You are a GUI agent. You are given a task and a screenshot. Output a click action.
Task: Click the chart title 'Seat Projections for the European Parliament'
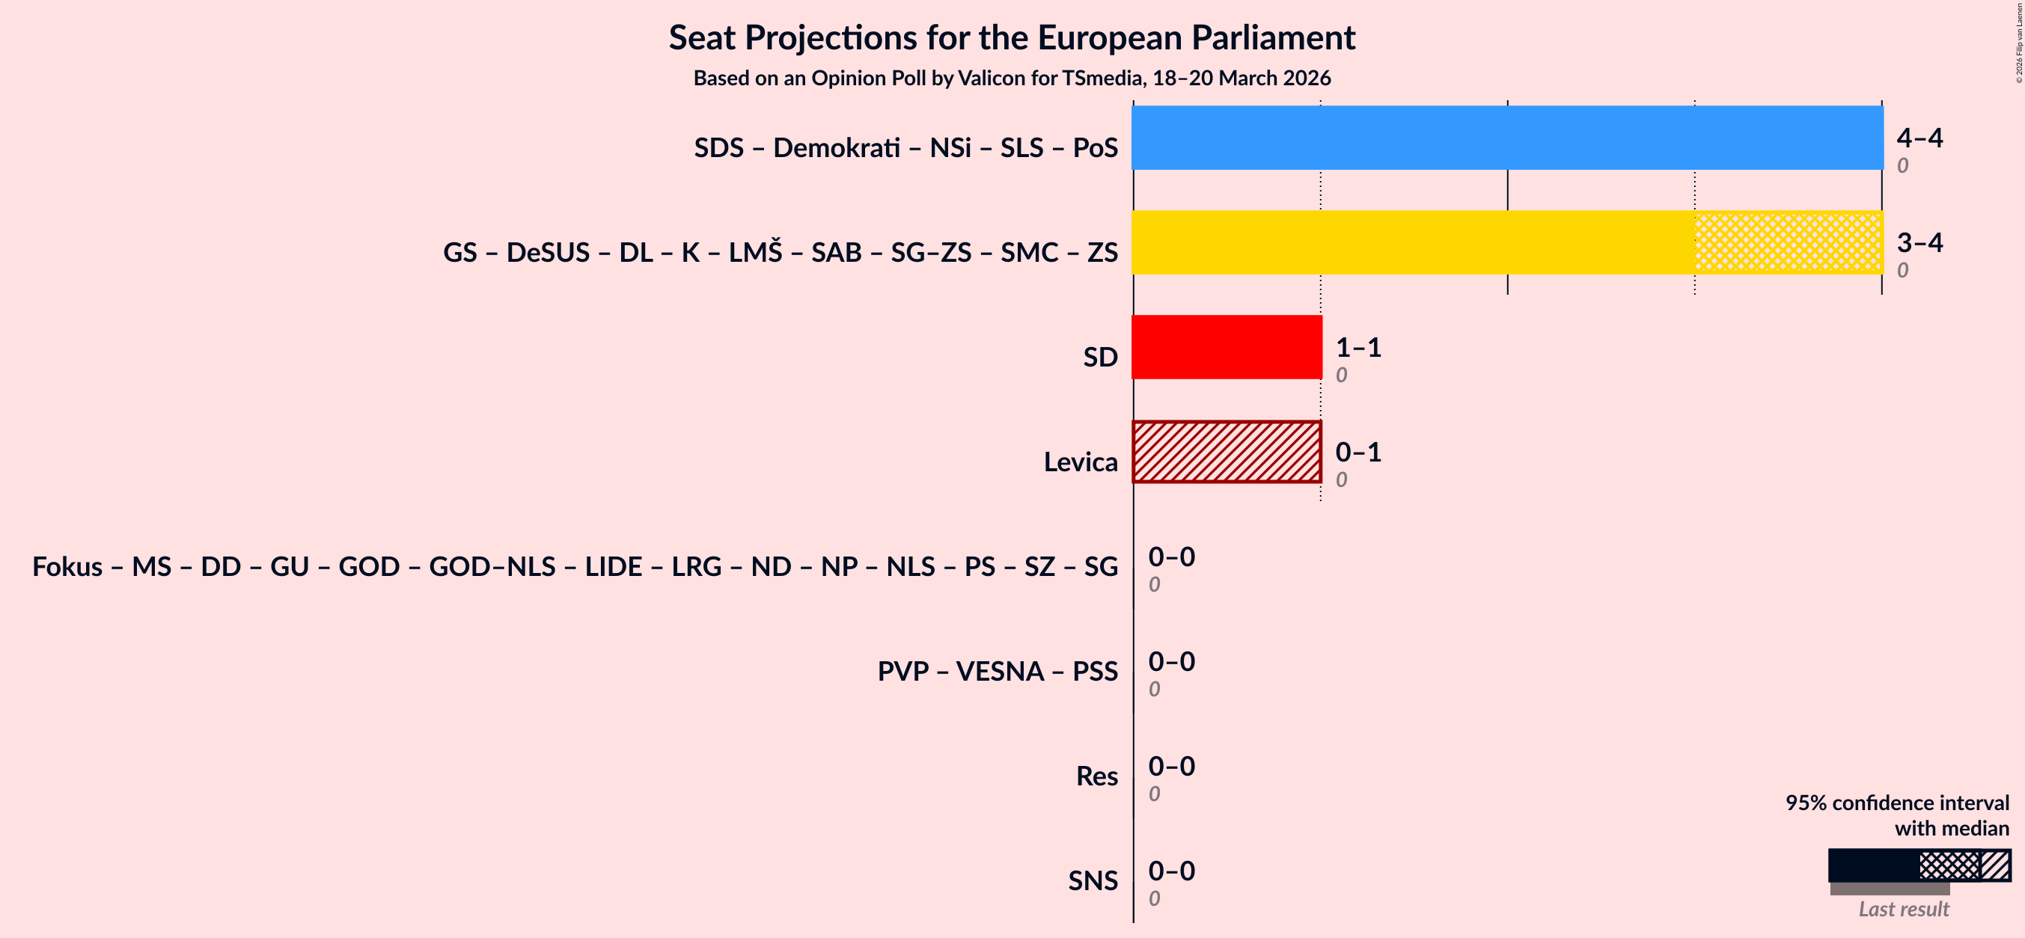point(1012,37)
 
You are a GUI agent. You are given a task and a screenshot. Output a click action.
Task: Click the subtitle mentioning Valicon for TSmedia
point(1012,79)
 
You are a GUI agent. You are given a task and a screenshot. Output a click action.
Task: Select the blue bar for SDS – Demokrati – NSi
point(1507,138)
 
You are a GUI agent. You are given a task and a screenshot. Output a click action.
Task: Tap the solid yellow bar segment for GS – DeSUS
point(1413,242)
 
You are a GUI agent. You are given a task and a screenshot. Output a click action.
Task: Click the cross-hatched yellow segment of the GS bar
point(1789,242)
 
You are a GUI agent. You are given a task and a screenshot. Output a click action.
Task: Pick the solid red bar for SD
point(1227,347)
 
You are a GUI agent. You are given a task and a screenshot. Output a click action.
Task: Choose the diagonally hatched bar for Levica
point(1227,452)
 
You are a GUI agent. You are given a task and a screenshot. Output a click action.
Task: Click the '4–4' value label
point(1919,138)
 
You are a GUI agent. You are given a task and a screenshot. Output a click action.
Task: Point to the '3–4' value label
point(1919,242)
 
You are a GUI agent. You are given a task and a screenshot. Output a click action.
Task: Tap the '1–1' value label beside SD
point(1357,347)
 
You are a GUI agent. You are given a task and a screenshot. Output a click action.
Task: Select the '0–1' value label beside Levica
point(1357,452)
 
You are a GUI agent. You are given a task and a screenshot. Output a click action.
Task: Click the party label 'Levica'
point(1080,462)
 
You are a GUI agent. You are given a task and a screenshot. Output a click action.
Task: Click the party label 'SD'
point(1100,358)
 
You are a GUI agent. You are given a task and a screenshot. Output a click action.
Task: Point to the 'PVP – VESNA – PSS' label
point(997,672)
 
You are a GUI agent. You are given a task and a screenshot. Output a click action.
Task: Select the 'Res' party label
point(1096,776)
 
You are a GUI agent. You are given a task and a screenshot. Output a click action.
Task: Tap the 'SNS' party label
point(1092,880)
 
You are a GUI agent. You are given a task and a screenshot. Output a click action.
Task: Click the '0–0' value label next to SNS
point(1171,871)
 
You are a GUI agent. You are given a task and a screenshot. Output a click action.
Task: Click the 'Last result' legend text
point(1903,909)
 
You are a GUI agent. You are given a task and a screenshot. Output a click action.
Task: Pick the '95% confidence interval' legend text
point(1896,803)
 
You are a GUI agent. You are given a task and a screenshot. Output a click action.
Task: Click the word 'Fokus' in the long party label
point(67,566)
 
